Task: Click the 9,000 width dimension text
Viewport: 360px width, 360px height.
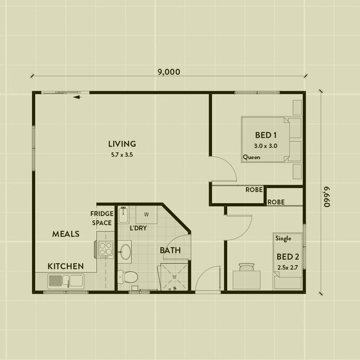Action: (169, 72)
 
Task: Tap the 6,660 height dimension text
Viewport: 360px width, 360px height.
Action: (327, 197)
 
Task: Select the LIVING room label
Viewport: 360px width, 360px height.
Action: (122, 144)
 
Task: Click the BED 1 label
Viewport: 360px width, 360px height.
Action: (266, 135)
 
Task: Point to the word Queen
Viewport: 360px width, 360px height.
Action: (252, 157)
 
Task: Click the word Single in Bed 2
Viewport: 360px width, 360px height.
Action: (283, 238)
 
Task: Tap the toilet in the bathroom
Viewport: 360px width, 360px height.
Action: (128, 277)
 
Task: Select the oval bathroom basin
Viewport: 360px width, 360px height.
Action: (126, 252)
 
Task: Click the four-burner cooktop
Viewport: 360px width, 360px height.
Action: (106, 250)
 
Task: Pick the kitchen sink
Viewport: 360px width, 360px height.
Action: (66, 281)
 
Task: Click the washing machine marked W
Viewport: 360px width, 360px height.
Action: (146, 215)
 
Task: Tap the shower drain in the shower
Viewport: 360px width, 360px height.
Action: (174, 277)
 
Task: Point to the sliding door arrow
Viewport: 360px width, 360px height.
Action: (77, 97)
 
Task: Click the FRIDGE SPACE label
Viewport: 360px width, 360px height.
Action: (102, 218)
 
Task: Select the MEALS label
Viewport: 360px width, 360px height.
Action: (66, 234)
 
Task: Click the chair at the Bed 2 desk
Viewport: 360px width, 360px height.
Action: (246, 267)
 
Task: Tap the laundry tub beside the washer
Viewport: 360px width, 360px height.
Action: (124, 215)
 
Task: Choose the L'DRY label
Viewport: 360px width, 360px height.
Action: (138, 228)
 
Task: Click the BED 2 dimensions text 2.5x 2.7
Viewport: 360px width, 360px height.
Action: (288, 268)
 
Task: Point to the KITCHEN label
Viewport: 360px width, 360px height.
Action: (66, 266)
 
